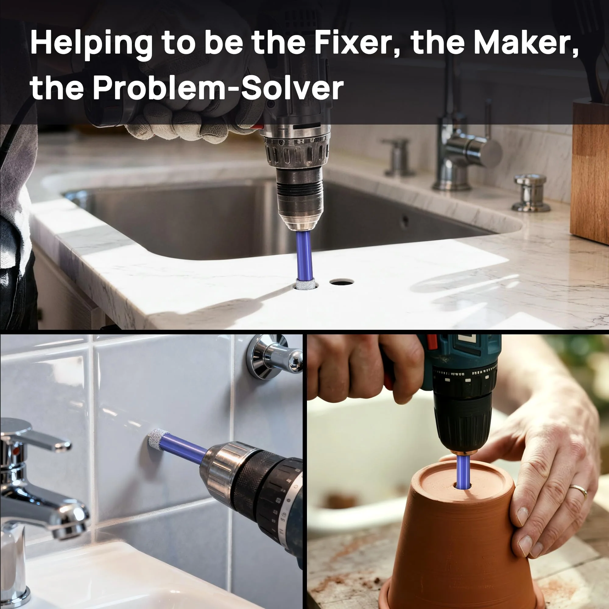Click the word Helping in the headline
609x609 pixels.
coord(91,45)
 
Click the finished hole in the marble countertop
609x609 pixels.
coord(342,282)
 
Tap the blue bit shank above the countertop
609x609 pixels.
coord(305,256)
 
